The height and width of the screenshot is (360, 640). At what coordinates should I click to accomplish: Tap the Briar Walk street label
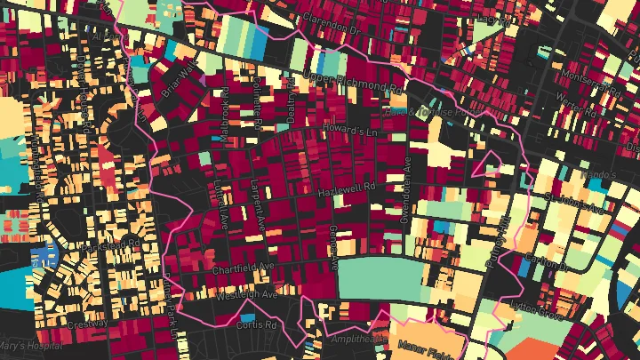[177, 79]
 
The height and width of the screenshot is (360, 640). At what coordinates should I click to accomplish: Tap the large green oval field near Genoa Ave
[382, 278]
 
